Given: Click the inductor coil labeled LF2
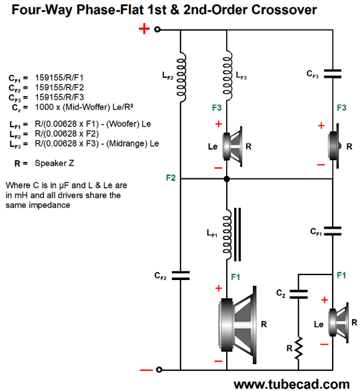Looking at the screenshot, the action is point(181,77).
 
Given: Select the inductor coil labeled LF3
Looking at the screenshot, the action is point(228,75).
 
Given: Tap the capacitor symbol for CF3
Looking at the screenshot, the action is point(333,74).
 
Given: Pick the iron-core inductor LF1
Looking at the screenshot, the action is point(231,234).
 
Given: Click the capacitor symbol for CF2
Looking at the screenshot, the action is point(181,275).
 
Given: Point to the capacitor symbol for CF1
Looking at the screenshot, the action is point(333,231).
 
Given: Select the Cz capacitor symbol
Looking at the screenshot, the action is point(298,294).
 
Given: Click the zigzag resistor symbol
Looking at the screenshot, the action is point(298,349).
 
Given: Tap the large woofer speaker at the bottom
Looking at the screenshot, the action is point(237,325).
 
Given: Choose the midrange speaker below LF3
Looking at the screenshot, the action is point(232,147).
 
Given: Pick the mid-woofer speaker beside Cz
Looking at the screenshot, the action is point(338,323).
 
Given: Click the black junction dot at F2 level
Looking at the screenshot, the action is point(227,179).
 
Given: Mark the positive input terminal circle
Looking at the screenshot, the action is point(157,29).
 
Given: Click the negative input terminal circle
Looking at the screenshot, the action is point(159,370).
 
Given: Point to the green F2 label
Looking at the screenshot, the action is point(171,178).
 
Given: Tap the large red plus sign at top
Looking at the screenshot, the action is point(144,29).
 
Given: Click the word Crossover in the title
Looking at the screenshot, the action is point(284,10).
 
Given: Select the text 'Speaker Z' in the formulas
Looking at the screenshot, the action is point(54,163).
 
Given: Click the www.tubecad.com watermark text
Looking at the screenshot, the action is point(291,384).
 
